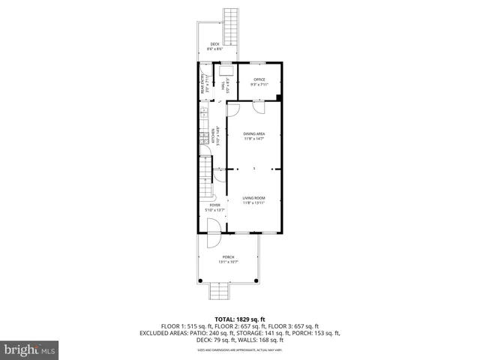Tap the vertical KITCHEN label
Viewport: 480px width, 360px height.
click(x=214, y=135)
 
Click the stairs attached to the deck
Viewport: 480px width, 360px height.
click(x=230, y=26)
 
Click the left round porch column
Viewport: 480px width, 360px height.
click(x=201, y=280)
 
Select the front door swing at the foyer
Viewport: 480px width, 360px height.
click(x=213, y=226)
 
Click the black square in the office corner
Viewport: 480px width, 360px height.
click(x=279, y=97)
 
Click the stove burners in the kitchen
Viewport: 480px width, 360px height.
click(x=202, y=138)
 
